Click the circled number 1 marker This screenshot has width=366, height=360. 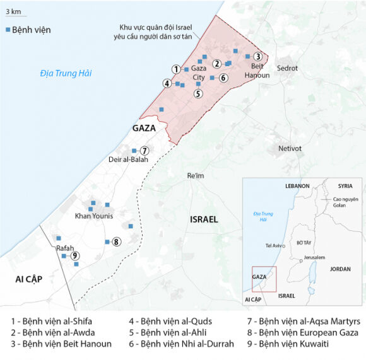[176, 69]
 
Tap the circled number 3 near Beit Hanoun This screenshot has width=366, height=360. [257, 56]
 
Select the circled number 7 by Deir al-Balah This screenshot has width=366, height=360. [145, 150]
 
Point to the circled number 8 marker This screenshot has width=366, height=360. [117, 241]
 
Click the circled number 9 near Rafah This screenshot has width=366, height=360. [75, 255]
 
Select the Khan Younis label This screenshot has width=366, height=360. [94, 216]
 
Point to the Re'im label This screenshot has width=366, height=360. [196, 176]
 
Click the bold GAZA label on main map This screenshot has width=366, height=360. [144, 128]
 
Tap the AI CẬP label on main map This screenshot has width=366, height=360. [25, 279]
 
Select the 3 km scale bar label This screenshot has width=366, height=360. [12, 11]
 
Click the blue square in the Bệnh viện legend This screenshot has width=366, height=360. [8, 30]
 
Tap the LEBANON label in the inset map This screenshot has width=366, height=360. [297, 186]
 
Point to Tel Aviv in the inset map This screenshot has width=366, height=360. [274, 245]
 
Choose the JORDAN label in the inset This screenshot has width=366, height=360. [339, 269]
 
